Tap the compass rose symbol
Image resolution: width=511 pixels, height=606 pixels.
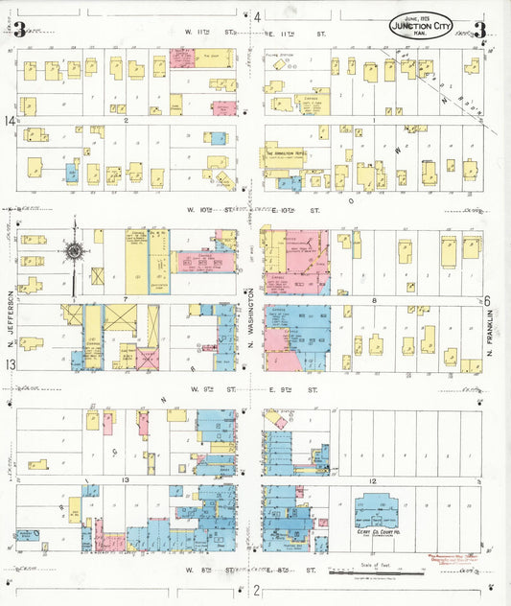click(x=74, y=252)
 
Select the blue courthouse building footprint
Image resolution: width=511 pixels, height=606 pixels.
click(x=375, y=512)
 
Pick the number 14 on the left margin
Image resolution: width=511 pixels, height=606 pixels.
click(x=10, y=121)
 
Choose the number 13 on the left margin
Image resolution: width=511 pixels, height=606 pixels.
click(x=10, y=365)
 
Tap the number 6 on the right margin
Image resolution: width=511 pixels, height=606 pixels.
click(x=487, y=300)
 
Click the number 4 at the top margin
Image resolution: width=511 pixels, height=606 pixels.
click(x=257, y=16)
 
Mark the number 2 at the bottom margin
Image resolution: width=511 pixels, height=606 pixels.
click(x=256, y=590)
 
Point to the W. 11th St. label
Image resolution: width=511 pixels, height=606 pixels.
click(x=210, y=31)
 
